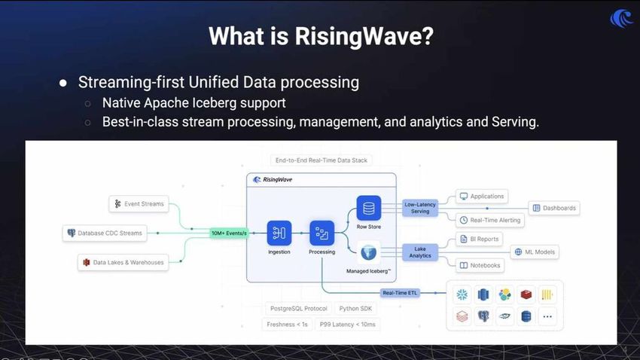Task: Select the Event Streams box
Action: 138,203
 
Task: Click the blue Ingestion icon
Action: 279,233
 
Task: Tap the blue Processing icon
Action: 322,233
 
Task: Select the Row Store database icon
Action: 368,208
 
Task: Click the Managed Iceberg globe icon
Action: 368,252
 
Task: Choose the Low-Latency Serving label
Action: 420,207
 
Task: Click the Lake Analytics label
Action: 420,252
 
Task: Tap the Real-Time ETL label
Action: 400,293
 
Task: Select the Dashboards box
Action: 554,208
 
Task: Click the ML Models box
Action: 535,252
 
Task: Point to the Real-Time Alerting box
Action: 489,220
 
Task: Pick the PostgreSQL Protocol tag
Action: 299,309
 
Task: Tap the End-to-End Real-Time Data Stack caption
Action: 321,160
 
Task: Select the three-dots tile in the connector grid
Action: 547,316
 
